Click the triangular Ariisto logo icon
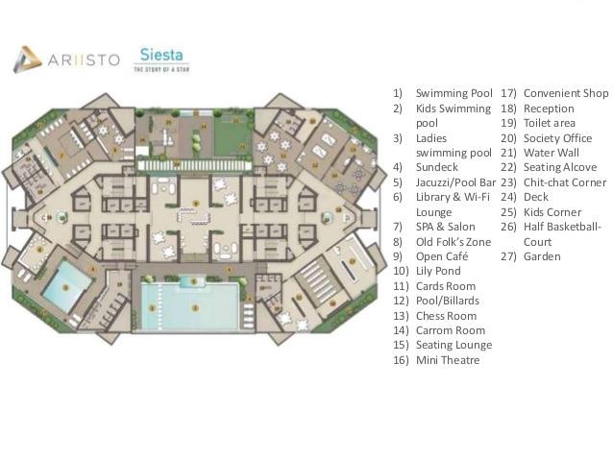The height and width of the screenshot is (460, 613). (x=27, y=60)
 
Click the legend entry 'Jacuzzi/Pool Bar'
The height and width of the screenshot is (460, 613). (x=454, y=182)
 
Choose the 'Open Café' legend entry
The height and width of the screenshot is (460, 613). (x=442, y=256)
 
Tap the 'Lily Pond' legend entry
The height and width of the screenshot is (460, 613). (x=438, y=272)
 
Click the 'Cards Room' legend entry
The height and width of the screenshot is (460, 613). (x=445, y=286)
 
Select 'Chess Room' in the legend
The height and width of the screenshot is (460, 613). (x=446, y=316)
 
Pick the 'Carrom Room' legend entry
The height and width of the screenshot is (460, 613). (x=450, y=330)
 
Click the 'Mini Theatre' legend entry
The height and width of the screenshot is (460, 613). (x=447, y=360)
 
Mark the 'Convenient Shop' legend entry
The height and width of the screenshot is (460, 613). (x=566, y=93)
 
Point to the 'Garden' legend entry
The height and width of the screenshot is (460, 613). (x=542, y=256)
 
